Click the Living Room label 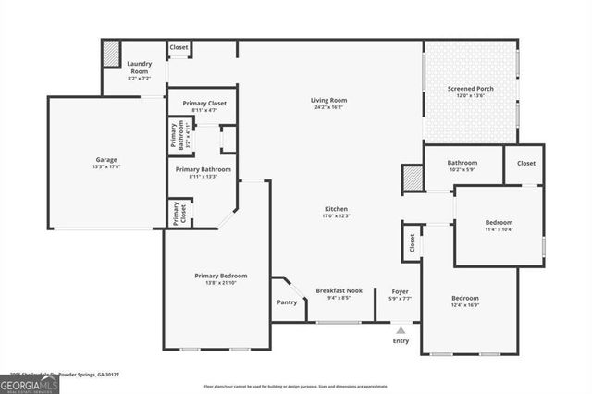[x=328, y=100]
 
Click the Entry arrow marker [x=400, y=328]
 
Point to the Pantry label [x=287, y=302]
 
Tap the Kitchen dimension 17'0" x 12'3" [x=336, y=215]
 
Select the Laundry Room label [x=139, y=68]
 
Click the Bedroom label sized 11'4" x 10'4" [x=499, y=223]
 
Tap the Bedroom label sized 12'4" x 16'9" [x=465, y=298]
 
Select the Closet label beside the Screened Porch [x=525, y=163]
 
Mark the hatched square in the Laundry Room [x=111, y=55]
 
